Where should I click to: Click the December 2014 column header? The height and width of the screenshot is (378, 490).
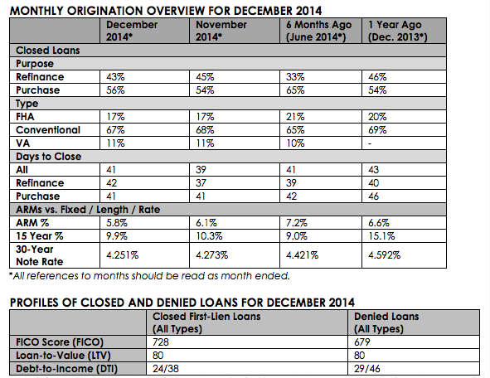[132, 31]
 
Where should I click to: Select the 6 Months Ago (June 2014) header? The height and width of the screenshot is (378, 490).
[318, 31]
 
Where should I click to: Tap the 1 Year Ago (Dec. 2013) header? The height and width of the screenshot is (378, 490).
[397, 31]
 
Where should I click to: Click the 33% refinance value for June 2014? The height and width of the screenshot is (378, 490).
[295, 77]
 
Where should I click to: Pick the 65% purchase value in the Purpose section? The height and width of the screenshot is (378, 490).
[295, 90]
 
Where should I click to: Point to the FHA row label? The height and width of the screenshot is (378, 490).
[25, 117]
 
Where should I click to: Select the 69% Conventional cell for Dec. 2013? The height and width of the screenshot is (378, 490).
[377, 130]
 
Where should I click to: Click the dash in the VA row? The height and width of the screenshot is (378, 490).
[370, 143]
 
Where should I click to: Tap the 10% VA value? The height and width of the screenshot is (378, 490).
[295, 143]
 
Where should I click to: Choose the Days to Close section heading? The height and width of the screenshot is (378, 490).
[48, 156]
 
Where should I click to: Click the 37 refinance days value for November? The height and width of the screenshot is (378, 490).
[201, 182]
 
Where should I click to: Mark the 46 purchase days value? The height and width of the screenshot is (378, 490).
[373, 196]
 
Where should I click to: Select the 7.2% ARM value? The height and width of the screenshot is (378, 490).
[296, 223]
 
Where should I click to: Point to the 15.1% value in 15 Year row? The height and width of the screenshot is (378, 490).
[381, 236]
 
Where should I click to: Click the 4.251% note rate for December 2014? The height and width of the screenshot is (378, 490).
[122, 255]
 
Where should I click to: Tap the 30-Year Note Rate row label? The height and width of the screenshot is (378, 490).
[40, 255]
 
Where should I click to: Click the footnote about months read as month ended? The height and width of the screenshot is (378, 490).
[150, 276]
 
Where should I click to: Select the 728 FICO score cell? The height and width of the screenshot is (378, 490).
[161, 342]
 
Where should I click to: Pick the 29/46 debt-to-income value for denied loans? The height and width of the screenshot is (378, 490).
[366, 369]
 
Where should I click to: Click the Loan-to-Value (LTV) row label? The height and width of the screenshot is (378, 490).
[64, 356]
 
